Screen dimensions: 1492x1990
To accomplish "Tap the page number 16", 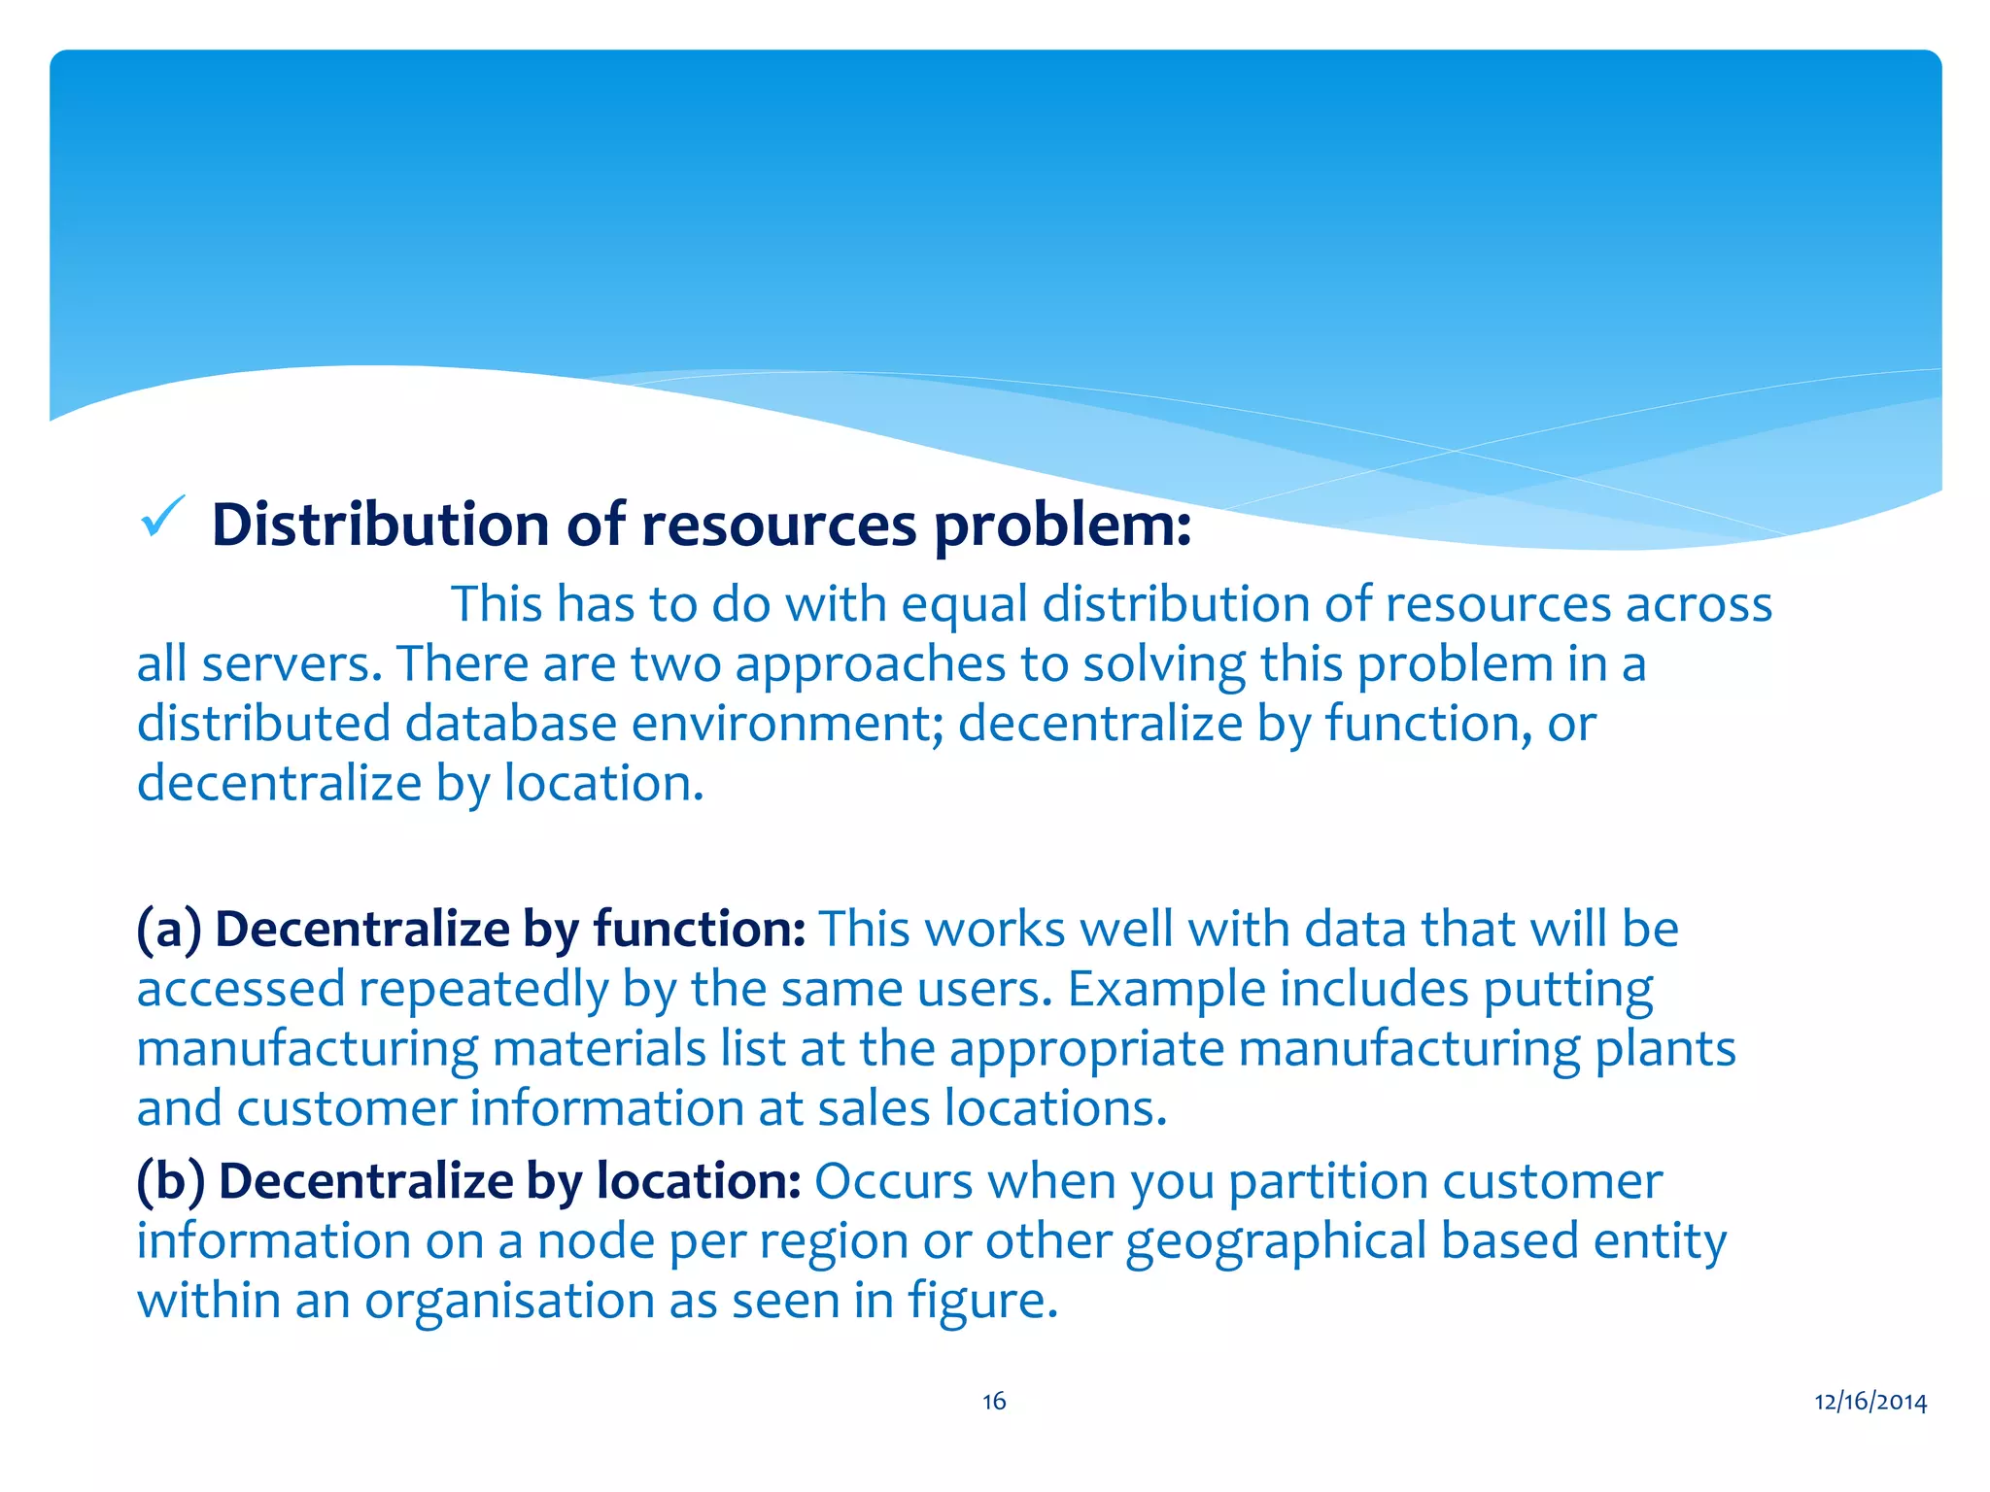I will (994, 1401).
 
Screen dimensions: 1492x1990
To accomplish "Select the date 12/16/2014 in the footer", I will (1870, 1401).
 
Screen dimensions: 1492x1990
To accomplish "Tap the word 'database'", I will (511, 724).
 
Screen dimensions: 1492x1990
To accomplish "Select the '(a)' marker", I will (168, 930).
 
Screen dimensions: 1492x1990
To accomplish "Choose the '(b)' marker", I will (170, 1181).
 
